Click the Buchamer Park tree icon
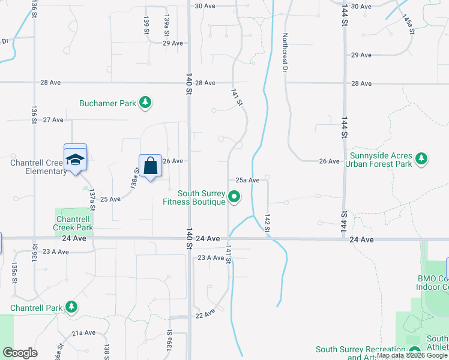click(x=145, y=103)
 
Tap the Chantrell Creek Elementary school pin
click(x=76, y=159)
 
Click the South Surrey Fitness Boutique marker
click(x=235, y=197)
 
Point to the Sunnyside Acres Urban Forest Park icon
click(x=422, y=158)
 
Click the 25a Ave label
click(x=247, y=180)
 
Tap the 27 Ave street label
click(x=53, y=120)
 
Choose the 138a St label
click(x=135, y=179)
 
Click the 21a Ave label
click(x=83, y=333)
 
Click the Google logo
click(x=20, y=353)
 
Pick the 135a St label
click(x=14, y=271)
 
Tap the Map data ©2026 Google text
click(x=412, y=355)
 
